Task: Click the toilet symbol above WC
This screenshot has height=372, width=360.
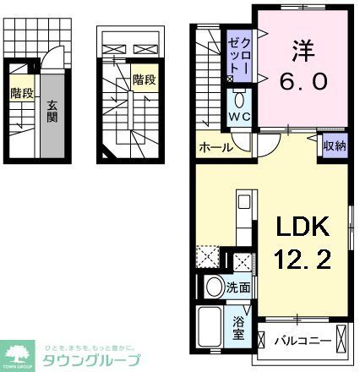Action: [x=237, y=96]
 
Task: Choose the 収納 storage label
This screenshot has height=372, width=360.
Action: [x=334, y=146]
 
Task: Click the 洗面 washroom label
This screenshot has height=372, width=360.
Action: [x=238, y=287]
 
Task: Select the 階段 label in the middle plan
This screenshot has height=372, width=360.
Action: [x=143, y=80]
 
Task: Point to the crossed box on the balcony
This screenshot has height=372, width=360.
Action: [x=341, y=340]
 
